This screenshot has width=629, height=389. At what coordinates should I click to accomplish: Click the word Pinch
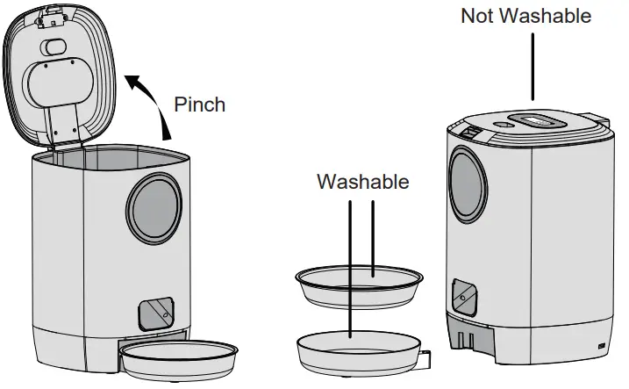pyautogui.click(x=199, y=104)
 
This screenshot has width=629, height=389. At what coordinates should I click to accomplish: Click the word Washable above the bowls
pyautogui.click(x=362, y=182)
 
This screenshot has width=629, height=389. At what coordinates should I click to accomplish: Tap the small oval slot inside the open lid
pyautogui.click(x=54, y=47)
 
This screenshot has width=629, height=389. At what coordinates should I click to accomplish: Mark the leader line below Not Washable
pyautogui.click(x=533, y=66)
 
